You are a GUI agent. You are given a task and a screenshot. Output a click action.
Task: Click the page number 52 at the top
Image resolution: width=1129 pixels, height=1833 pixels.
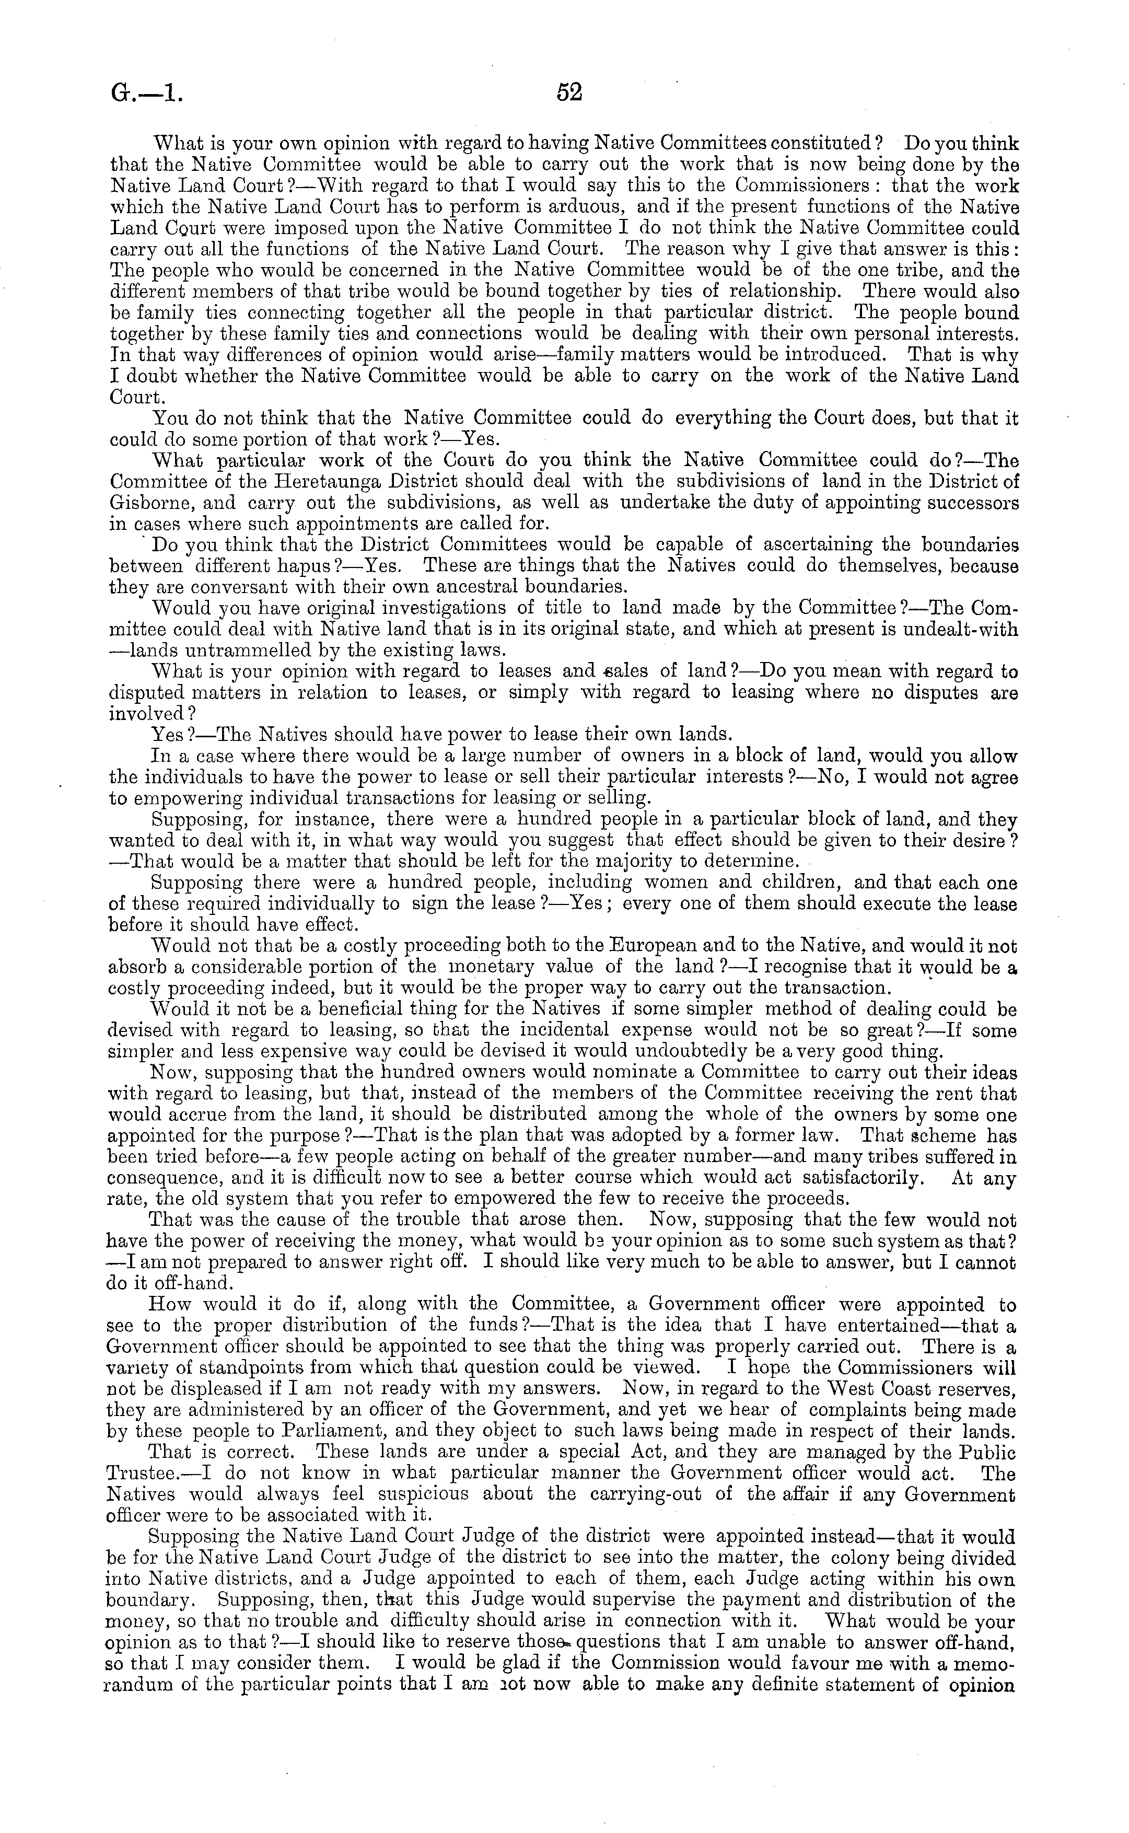tap(569, 92)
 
